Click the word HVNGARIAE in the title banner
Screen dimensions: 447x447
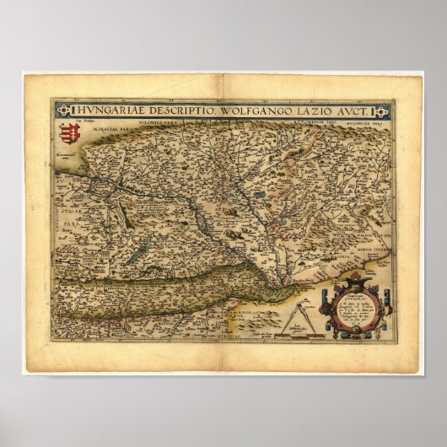click(108, 110)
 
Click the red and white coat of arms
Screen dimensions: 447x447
click(68, 133)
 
